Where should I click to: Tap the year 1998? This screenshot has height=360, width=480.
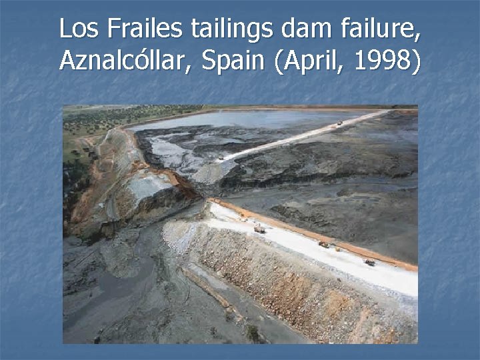[x=384, y=62]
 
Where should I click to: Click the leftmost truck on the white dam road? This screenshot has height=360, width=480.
[x=259, y=229]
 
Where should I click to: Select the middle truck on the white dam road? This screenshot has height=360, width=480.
[x=324, y=245]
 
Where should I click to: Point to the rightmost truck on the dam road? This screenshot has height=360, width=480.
[x=369, y=262]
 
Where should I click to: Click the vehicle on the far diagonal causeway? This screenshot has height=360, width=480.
[x=339, y=123]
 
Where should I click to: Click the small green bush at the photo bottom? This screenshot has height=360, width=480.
[x=253, y=331]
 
